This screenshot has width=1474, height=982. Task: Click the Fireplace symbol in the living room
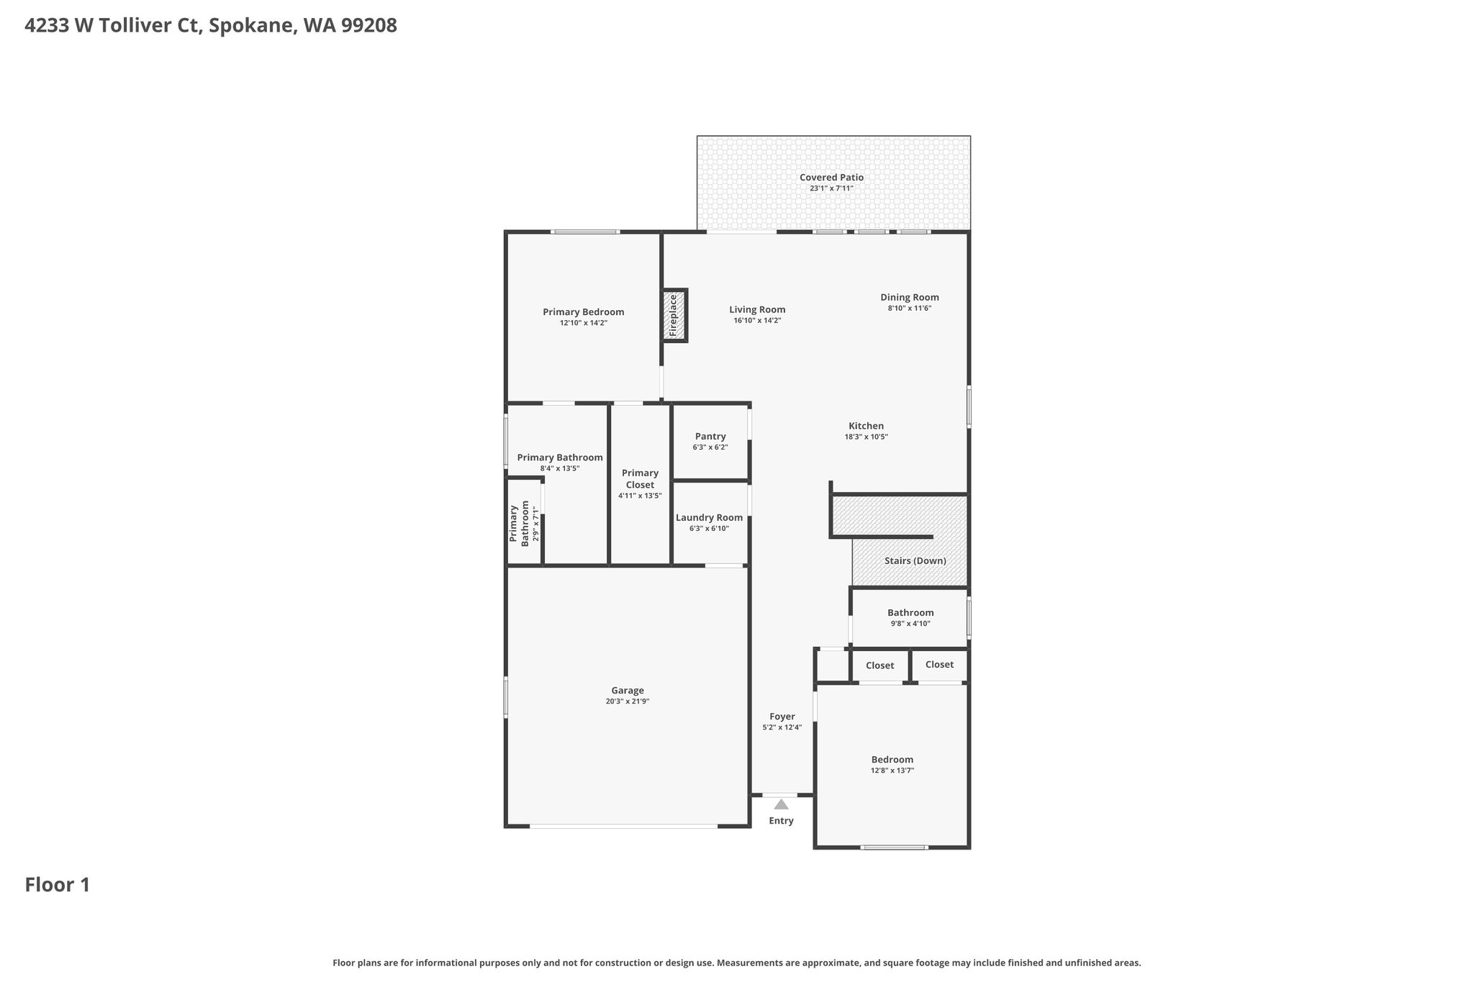pos(675,315)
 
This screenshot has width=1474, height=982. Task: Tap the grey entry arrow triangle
pos(781,804)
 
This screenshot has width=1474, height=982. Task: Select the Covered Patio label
pos(831,178)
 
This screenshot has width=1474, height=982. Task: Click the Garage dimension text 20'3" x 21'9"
pos(628,701)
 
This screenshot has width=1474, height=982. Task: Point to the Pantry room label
pos(710,437)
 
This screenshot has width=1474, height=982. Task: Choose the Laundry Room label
pos(709,518)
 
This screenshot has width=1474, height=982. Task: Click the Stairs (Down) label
pos(915,561)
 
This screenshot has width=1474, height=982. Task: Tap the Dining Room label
pos(910,297)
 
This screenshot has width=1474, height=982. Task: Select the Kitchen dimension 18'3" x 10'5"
pos(866,437)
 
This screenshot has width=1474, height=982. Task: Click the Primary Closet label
pos(640,479)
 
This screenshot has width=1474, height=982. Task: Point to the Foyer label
pos(782,717)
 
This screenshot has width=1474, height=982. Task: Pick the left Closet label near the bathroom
pos(880,666)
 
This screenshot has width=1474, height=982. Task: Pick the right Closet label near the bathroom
pos(939,665)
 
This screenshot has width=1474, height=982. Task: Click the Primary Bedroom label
pos(584,312)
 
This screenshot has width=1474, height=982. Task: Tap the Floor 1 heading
pos(58,885)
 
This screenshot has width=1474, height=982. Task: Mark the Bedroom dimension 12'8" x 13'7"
pos(892,770)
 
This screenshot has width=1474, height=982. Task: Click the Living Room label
pos(757,310)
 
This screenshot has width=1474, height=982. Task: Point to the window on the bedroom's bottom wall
pos(894,847)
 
